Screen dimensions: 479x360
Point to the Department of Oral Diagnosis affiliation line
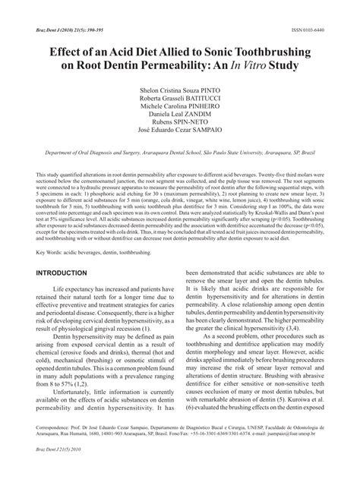pos(180,153)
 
